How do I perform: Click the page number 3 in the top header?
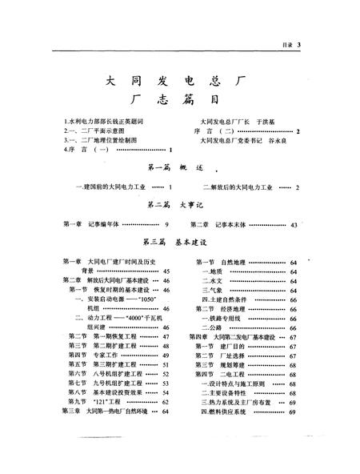pos(297,46)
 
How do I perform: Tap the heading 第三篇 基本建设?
pos(180,241)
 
